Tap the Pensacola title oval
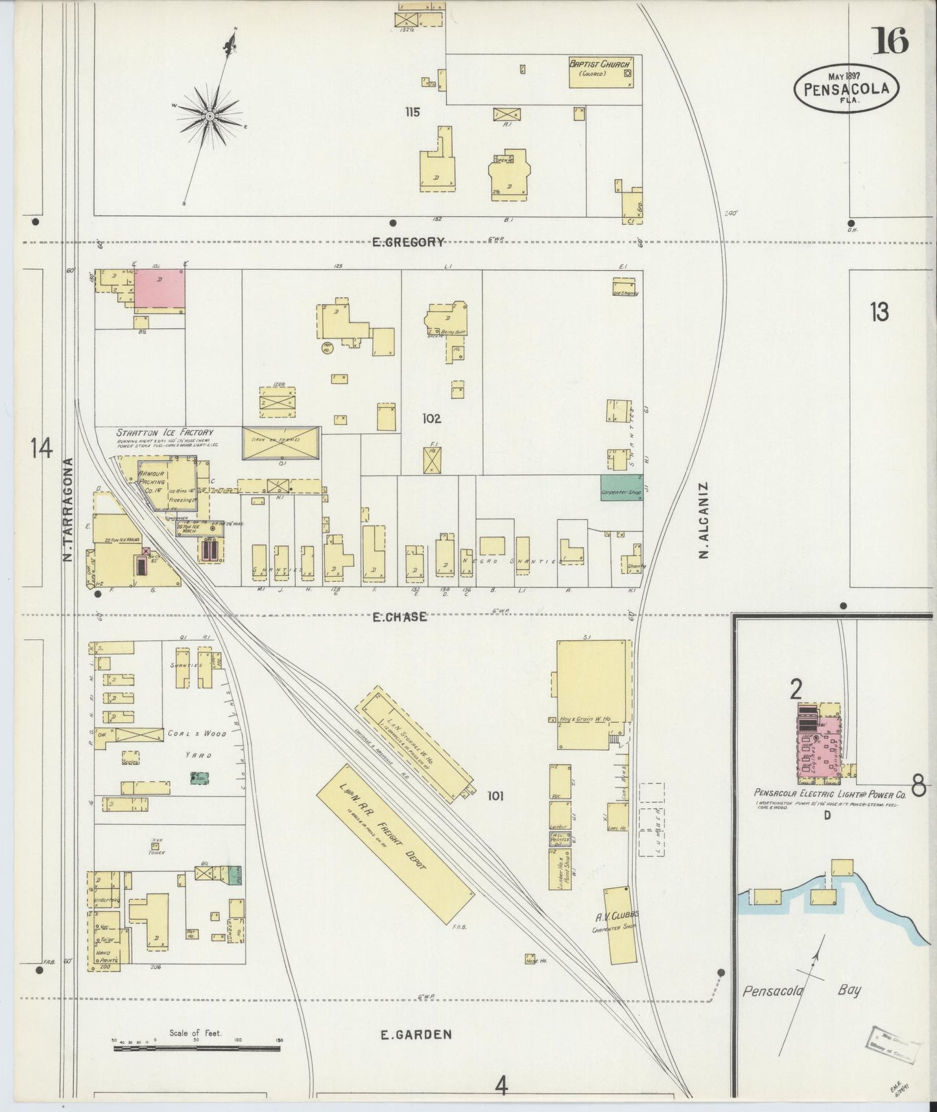(x=846, y=88)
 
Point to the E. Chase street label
(x=399, y=616)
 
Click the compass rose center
(x=210, y=115)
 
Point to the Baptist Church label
(x=599, y=64)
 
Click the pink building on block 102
(x=159, y=288)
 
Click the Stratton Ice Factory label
(x=164, y=432)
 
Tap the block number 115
(x=412, y=112)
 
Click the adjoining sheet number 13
(x=879, y=313)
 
